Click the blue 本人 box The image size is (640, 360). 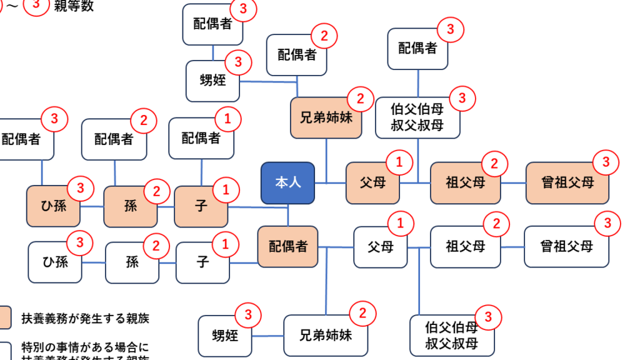[287, 182]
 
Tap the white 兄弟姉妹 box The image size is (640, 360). [326, 335]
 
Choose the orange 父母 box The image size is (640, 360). [372, 183]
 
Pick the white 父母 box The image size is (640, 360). [381, 247]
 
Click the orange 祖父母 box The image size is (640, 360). [465, 183]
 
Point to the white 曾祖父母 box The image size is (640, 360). [566, 246]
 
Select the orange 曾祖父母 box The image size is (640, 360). [567, 183]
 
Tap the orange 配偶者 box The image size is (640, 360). [288, 246]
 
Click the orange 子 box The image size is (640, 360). [201, 206]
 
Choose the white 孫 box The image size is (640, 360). [132, 262]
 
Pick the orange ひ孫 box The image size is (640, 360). [53, 206]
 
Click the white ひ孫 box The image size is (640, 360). [55, 262]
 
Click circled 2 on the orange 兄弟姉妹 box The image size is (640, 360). [360, 99]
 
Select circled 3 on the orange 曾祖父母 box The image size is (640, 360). [605, 162]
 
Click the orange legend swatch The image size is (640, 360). [4, 317]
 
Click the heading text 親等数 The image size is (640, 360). [74, 7]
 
